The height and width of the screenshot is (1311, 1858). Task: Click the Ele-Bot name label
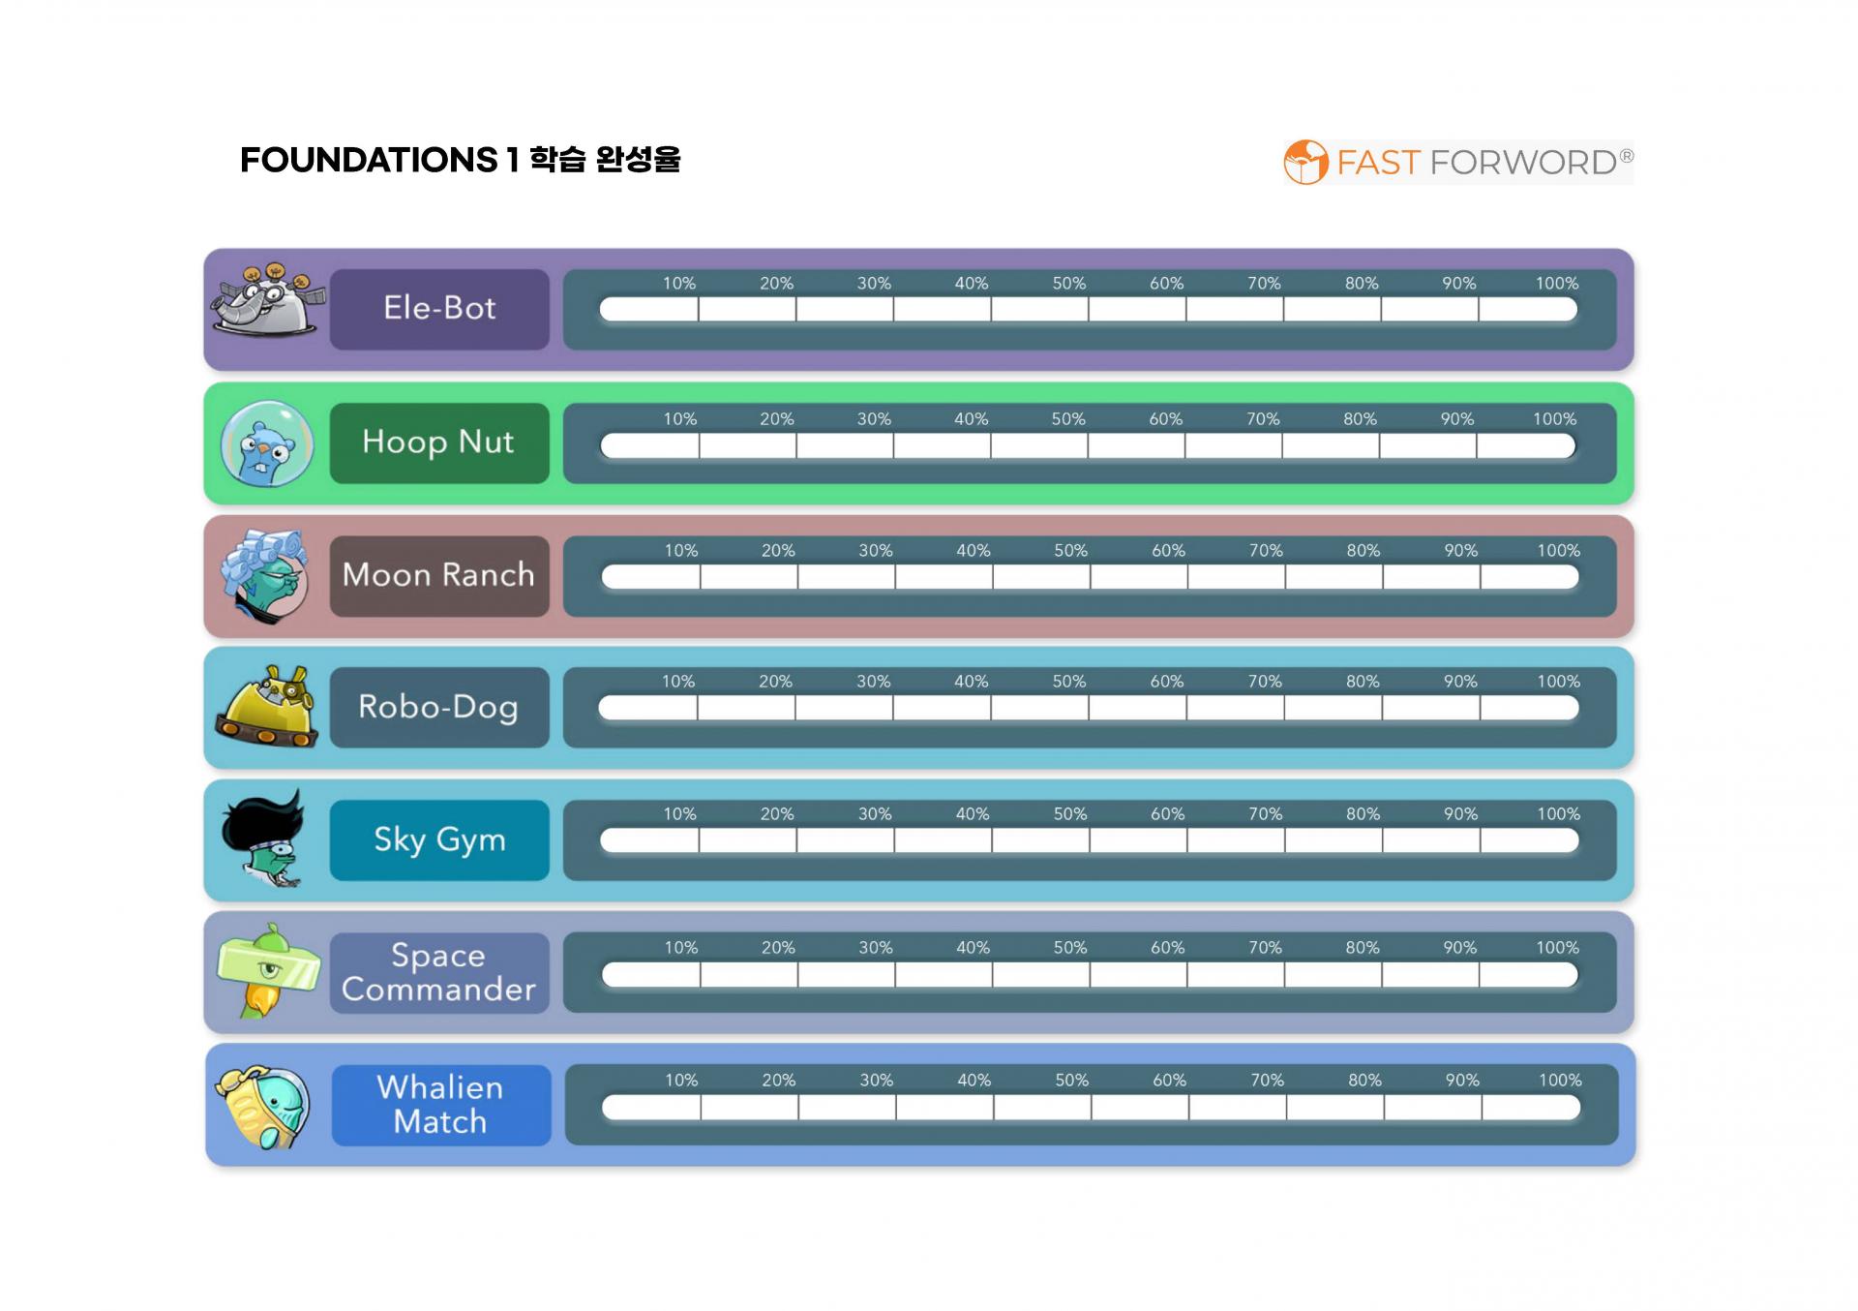coord(439,309)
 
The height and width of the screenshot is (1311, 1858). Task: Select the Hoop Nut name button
coord(439,442)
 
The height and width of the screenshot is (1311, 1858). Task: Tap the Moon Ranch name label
coord(439,575)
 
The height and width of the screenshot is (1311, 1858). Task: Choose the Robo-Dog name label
coord(439,707)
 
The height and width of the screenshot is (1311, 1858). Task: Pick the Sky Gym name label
coord(439,839)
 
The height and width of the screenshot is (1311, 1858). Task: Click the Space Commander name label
coord(439,972)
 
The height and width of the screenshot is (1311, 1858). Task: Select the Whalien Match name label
coord(441,1105)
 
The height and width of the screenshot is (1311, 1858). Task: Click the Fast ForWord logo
coord(1458,162)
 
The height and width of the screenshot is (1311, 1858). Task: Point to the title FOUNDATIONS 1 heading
coord(461,160)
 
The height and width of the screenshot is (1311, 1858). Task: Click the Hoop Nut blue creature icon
coord(267,443)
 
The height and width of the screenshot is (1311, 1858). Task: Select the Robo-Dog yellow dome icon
coord(266,706)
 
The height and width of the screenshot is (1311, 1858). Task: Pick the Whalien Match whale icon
coord(263,1107)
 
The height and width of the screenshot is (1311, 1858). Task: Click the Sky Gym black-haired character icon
coord(264,838)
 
